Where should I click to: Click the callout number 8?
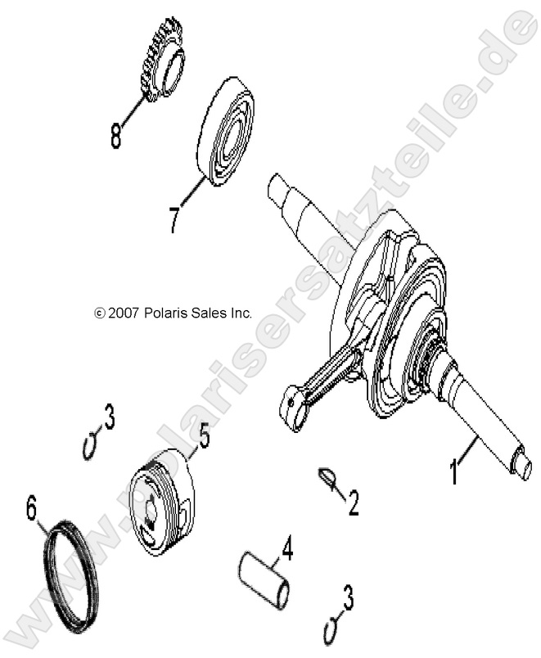pyautogui.click(x=116, y=134)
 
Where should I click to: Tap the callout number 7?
pyautogui.click(x=174, y=220)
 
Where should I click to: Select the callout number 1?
pyautogui.click(x=453, y=472)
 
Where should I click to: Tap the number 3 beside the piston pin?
pyautogui.click(x=348, y=602)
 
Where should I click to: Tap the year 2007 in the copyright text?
pyautogui.click(x=123, y=313)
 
